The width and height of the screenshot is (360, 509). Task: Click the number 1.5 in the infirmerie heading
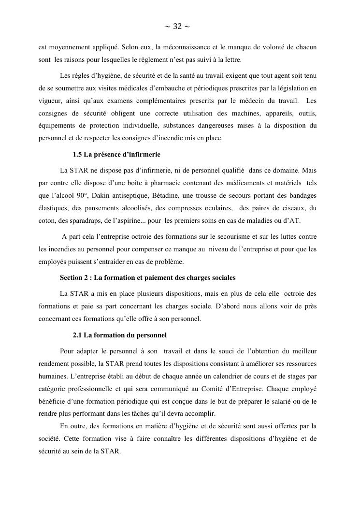pyautogui.click(x=77, y=155)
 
